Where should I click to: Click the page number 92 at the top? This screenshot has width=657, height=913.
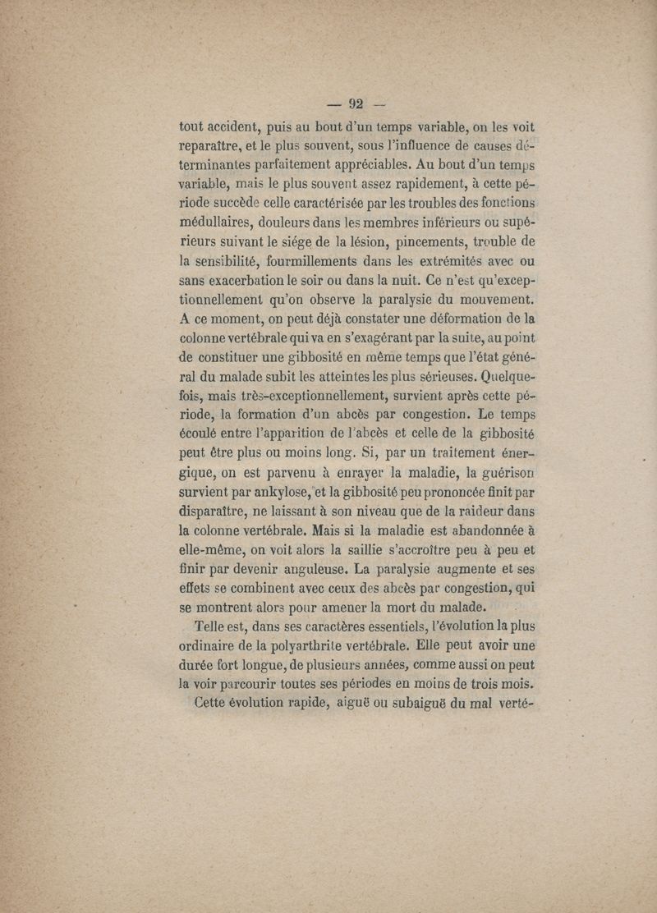click(x=355, y=104)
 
